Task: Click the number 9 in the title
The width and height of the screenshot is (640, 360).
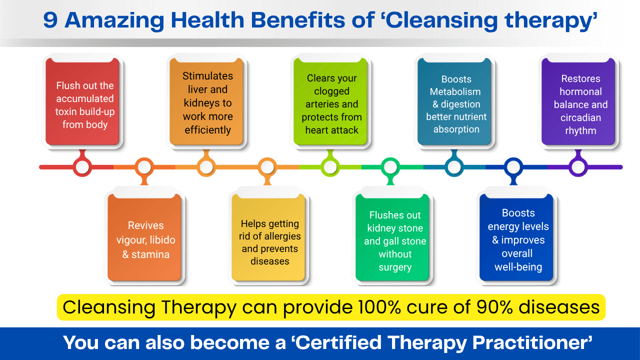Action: (50, 20)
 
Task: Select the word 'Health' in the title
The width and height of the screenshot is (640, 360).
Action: (207, 20)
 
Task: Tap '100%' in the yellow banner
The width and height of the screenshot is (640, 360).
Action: (379, 307)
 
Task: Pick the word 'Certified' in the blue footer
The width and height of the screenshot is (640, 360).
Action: (338, 342)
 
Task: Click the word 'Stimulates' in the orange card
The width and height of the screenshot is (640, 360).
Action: (207, 76)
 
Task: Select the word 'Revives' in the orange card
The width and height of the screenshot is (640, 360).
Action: (145, 225)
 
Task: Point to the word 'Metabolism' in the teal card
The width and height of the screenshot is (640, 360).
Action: (455, 91)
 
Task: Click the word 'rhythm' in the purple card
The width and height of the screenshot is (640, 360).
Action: (580, 131)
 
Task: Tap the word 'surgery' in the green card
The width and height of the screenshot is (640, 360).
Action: (395, 267)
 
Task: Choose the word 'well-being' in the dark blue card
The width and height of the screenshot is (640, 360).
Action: (518, 267)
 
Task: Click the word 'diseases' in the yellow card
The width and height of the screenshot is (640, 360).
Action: (269, 261)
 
